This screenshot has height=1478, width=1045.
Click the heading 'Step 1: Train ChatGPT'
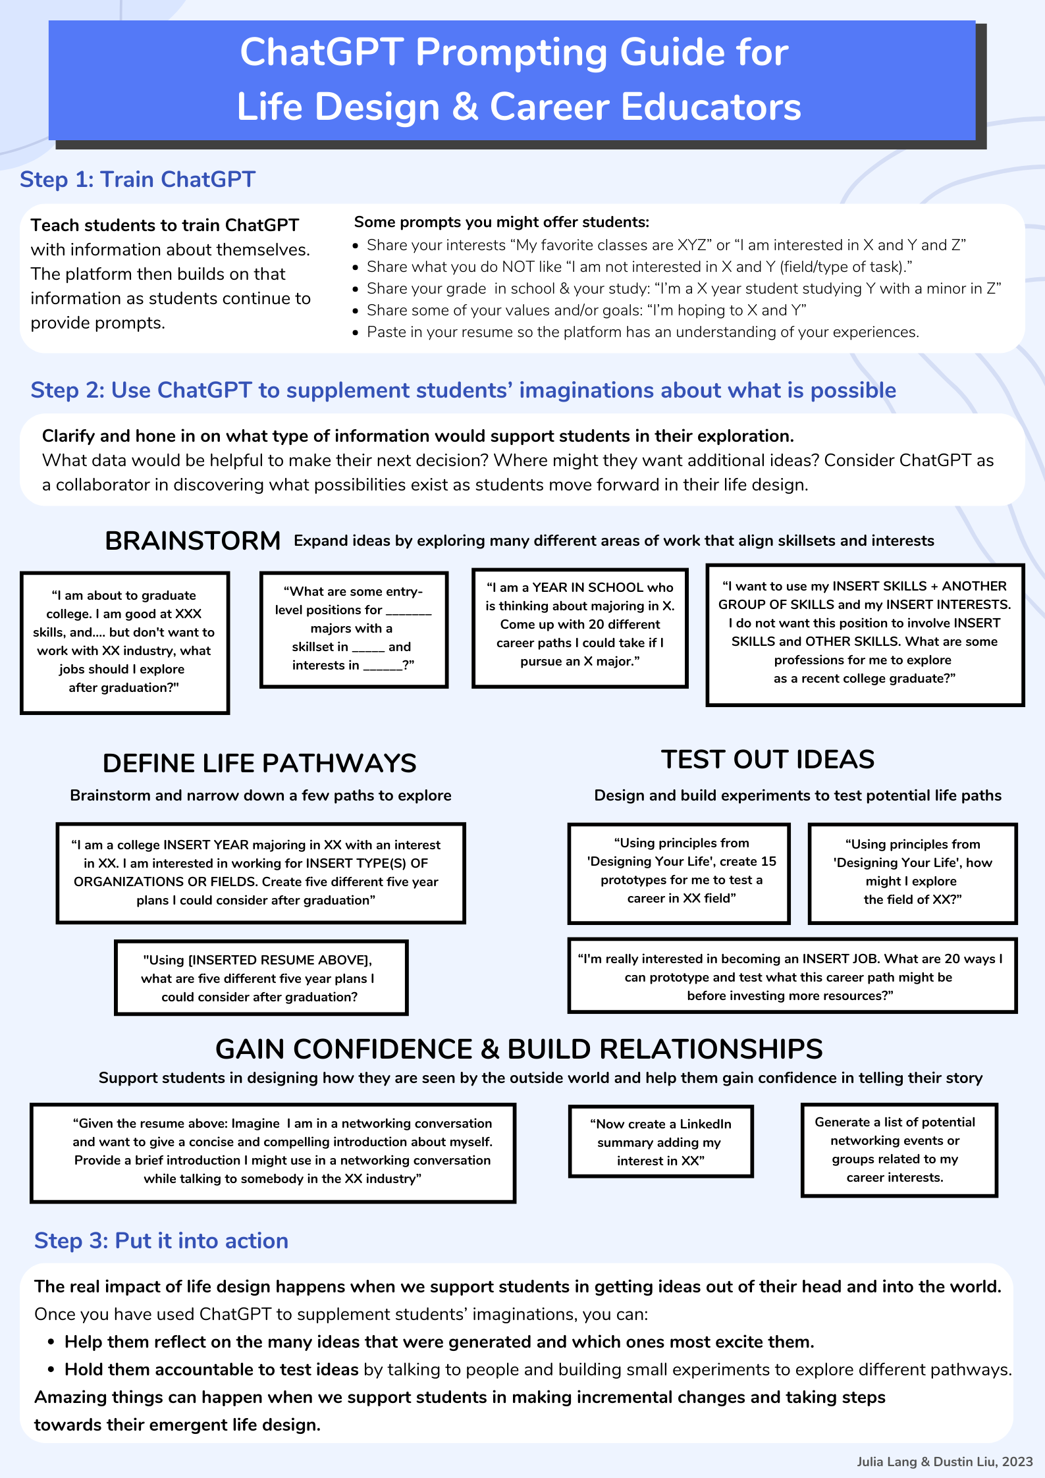138,180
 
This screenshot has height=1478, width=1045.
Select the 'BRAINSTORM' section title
193,541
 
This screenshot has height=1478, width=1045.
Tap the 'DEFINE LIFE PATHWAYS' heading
259,764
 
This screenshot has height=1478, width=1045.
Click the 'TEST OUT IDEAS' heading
768,760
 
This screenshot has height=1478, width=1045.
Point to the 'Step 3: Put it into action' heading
161,1241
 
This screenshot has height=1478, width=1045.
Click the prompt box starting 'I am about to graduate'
124,642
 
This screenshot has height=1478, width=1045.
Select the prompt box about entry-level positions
354,629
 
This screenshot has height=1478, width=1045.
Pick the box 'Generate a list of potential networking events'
899,1149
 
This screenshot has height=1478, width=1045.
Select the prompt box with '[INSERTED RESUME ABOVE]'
261,978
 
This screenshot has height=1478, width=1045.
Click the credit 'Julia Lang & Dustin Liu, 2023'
944,1462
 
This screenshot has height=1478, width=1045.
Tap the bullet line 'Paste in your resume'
643,332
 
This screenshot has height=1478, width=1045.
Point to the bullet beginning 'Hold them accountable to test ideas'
537,1369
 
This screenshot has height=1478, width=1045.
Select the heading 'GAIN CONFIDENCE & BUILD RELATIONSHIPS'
519,1049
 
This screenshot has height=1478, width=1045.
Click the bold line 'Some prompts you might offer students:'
502,223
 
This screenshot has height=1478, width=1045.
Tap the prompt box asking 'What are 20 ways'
791,976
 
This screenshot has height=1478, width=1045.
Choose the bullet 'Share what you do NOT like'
639,267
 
